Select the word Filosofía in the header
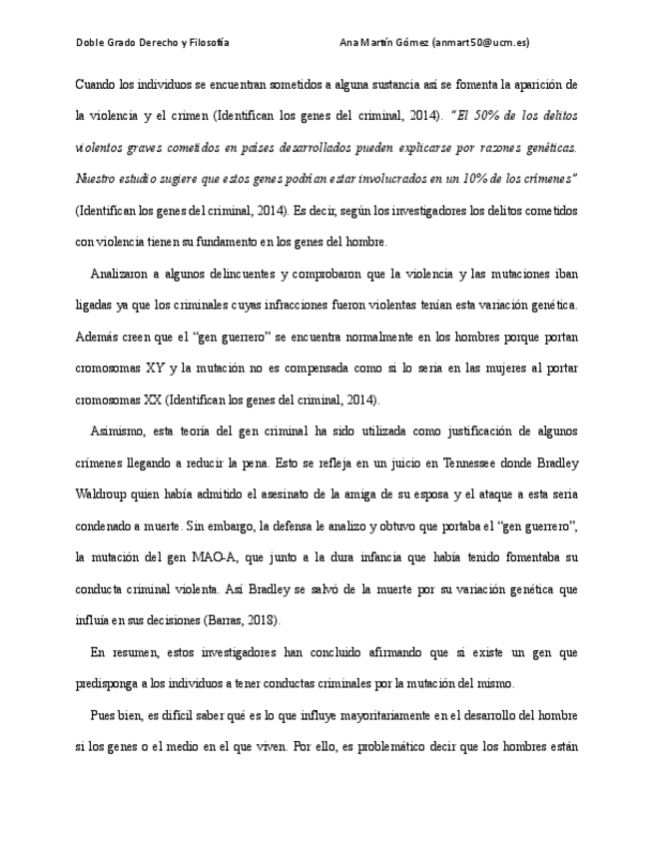(x=209, y=43)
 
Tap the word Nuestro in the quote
(x=97, y=179)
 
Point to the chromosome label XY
(x=155, y=368)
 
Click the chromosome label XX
(x=150, y=400)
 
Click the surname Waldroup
(x=102, y=494)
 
